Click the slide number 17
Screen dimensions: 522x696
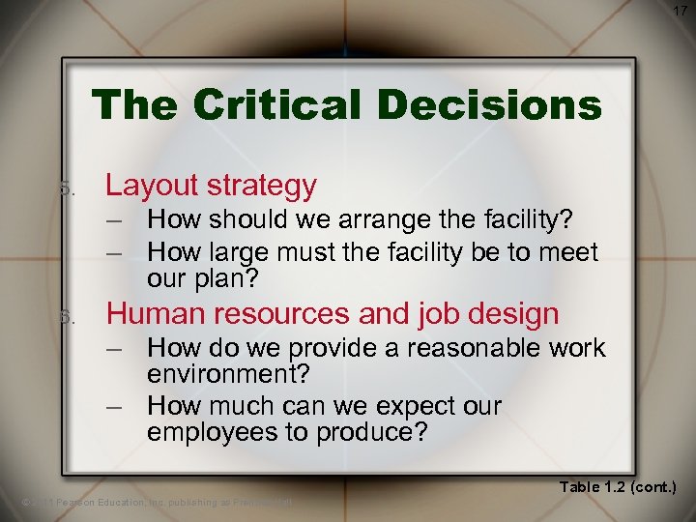point(680,11)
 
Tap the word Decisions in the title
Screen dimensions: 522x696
point(495,104)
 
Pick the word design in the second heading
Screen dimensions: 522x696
point(512,313)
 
